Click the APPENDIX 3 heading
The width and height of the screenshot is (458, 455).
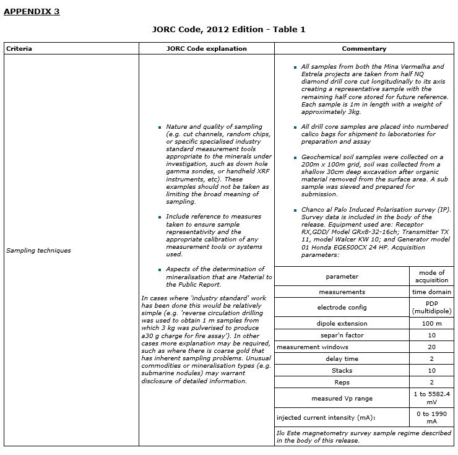pos(32,11)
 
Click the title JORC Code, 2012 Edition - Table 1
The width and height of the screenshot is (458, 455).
pos(228,29)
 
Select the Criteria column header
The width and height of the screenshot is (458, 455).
pos(19,48)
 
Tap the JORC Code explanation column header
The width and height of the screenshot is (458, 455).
pos(207,48)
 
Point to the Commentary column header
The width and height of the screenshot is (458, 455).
pos(364,48)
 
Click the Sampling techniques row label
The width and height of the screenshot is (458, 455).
pos(38,251)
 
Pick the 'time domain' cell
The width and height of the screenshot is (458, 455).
pos(431,292)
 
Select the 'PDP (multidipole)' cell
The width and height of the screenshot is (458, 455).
pos(431,307)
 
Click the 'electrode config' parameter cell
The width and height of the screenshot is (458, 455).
pos(342,307)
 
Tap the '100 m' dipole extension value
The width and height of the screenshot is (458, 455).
pos(431,323)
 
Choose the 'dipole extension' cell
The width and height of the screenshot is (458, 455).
pos(342,323)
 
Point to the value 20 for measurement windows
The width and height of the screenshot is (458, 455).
pos(431,347)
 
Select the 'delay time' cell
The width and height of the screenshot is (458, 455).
pos(342,358)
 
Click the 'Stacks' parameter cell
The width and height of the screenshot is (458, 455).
pos(342,370)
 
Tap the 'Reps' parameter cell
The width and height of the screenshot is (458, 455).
pos(342,382)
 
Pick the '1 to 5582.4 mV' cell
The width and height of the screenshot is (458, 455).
pos(431,397)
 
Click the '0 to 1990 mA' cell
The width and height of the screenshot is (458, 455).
pos(431,417)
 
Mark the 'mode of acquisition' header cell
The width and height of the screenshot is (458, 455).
pos(431,276)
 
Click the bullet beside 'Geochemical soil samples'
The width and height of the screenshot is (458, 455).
pos(296,157)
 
